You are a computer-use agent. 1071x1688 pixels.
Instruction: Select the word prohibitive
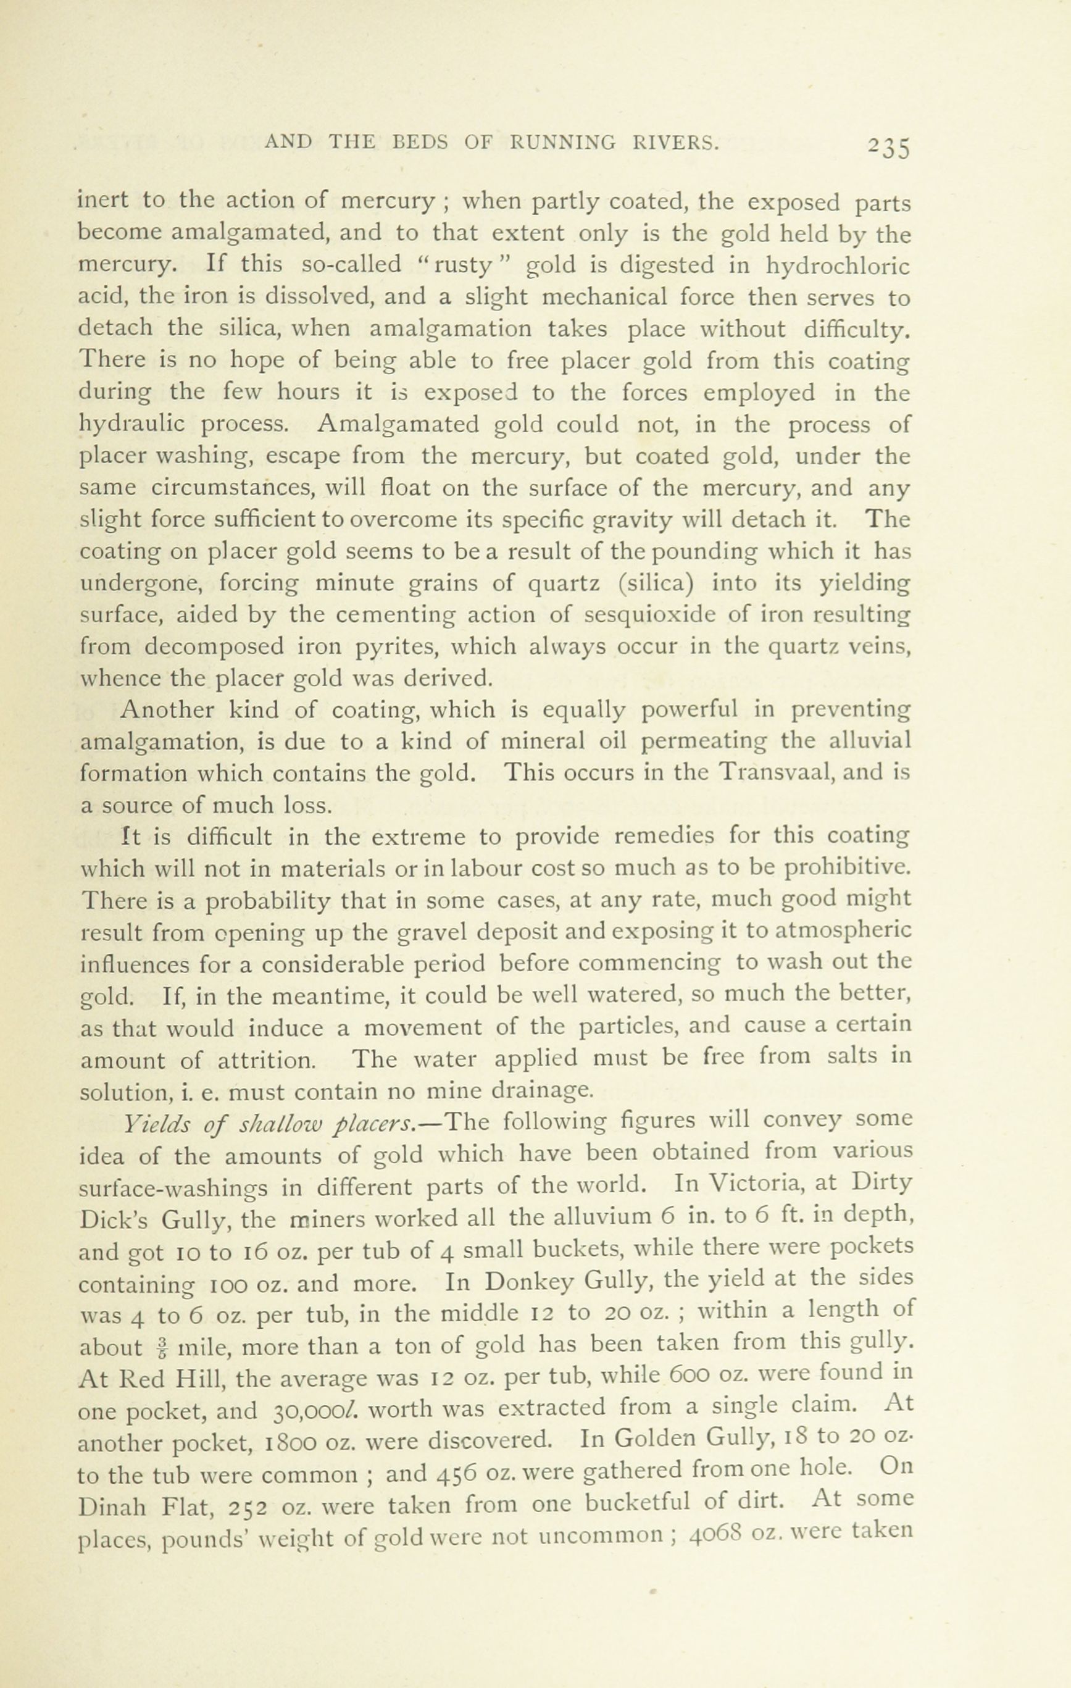(x=847, y=869)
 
